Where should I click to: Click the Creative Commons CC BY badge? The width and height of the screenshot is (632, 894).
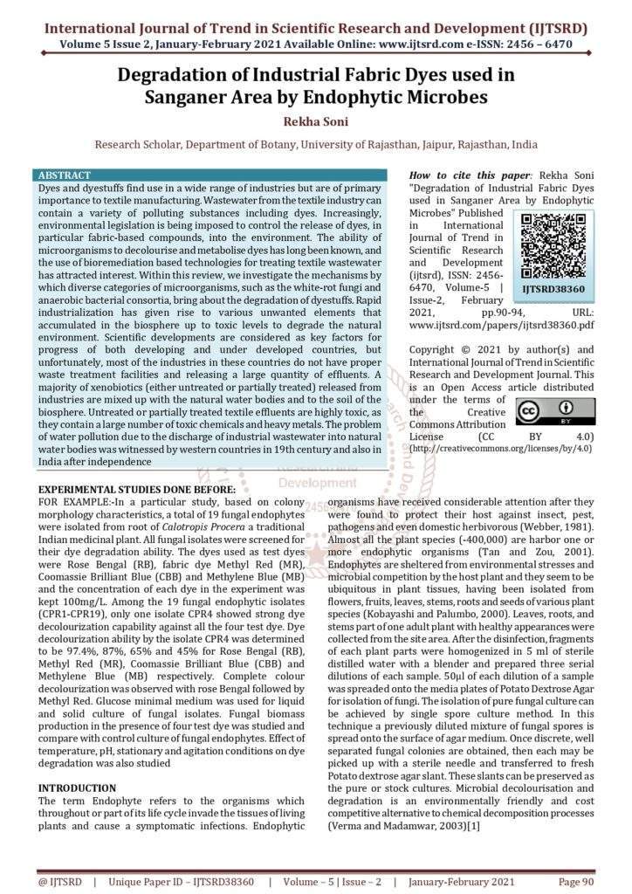point(555,411)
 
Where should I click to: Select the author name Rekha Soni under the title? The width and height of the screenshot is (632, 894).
point(315,120)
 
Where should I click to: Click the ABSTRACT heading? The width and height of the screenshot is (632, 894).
point(65,175)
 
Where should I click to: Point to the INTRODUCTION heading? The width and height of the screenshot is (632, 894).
point(77,787)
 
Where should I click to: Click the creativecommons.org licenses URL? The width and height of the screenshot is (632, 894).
point(501,448)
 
